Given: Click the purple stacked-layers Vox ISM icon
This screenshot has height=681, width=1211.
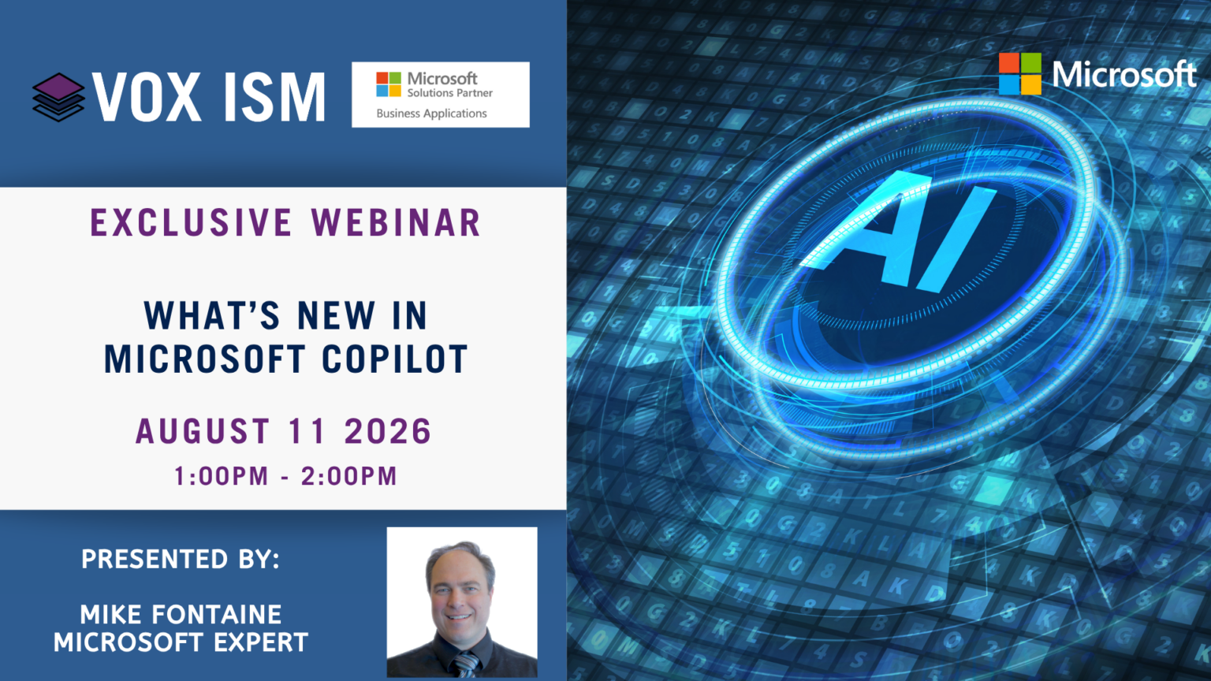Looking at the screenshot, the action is (x=58, y=97).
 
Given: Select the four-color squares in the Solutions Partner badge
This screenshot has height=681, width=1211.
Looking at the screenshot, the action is (x=389, y=84).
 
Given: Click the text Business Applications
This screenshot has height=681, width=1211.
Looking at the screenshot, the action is (x=431, y=113).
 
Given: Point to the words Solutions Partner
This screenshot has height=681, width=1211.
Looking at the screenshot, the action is (x=450, y=93).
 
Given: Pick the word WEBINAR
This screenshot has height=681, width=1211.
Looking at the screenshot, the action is (x=397, y=223).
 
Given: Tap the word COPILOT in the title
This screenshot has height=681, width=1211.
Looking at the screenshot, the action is (x=395, y=359).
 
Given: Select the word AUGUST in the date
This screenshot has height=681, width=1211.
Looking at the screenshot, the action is (x=203, y=431).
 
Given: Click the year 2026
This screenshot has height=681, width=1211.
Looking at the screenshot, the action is (x=388, y=431).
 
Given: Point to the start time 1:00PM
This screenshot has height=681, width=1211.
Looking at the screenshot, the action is (x=221, y=476).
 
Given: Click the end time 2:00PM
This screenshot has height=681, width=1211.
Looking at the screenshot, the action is (x=349, y=476).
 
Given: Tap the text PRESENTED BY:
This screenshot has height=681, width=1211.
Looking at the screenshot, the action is (x=181, y=559).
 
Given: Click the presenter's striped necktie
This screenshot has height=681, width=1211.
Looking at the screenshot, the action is (x=465, y=664).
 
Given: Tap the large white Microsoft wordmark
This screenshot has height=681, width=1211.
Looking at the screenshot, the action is (x=1124, y=74).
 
